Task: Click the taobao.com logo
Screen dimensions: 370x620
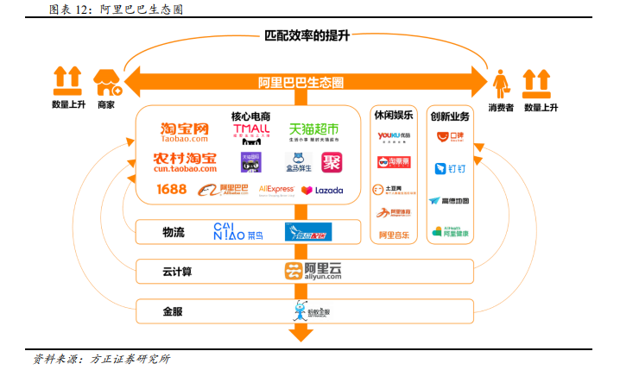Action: (x=184, y=132)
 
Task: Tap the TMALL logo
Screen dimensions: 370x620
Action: (x=251, y=132)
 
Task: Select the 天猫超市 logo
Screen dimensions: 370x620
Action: (x=313, y=131)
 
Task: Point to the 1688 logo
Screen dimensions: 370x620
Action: (x=171, y=189)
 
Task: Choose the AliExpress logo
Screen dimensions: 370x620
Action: (x=276, y=189)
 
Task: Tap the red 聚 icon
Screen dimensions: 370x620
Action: (x=332, y=161)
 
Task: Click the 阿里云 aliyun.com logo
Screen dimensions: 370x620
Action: (x=313, y=271)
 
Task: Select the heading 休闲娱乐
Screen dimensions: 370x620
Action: (x=394, y=116)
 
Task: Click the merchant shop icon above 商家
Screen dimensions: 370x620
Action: (x=107, y=83)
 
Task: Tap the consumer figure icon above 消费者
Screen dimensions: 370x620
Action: (x=501, y=83)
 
